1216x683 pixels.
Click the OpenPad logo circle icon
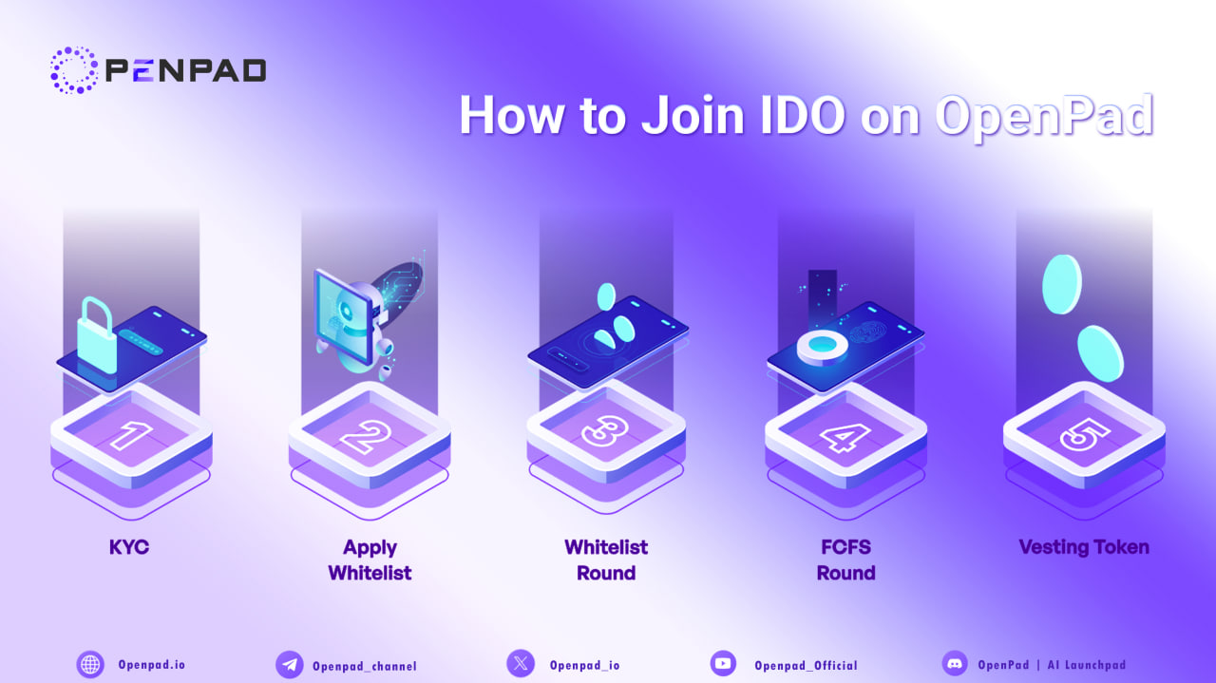click(73, 69)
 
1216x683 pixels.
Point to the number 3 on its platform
click(606, 431)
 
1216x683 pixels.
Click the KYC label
click(129, 548)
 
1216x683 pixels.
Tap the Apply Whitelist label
click(370, 560)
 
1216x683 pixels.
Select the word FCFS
click(845, 548)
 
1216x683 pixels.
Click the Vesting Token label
click(1084, 547)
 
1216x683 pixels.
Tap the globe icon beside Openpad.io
click(90, 664)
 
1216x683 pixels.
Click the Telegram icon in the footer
click(289, 665)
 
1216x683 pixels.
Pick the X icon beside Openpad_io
click(521, 663)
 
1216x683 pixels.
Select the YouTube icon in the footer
click(724, 664)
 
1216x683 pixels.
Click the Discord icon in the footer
click(954, 663)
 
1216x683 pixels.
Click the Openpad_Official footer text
click(806, 666)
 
